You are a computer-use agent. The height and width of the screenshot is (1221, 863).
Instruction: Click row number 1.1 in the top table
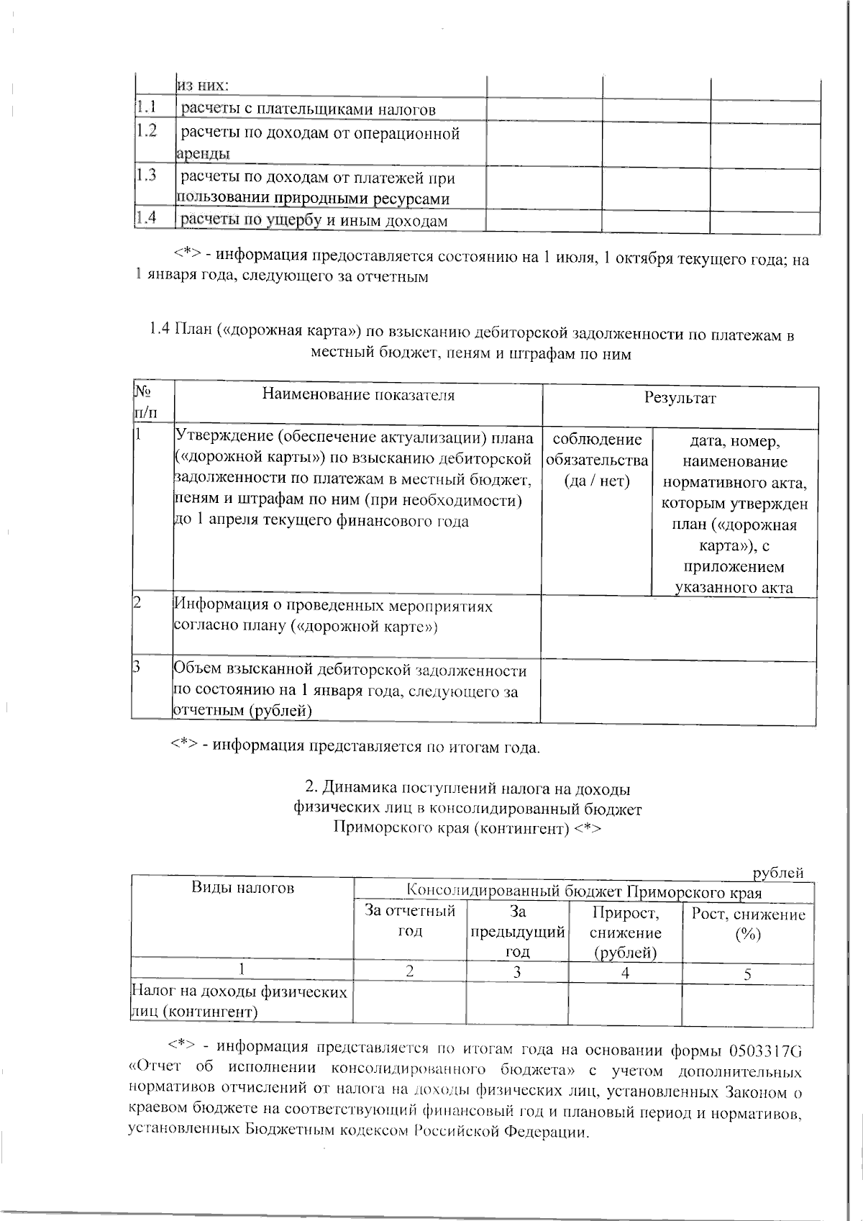147,109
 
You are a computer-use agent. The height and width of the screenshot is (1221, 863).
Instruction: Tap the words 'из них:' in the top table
204,86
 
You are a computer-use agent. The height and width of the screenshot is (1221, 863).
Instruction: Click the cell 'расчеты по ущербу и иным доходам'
314,221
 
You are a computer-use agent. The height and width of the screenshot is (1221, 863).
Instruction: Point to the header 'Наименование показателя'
358,395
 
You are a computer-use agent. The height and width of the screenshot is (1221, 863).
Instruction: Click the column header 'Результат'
680,398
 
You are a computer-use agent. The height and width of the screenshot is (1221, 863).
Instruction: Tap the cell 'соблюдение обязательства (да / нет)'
597,460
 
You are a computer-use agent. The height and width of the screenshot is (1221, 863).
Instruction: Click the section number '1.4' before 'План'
160,332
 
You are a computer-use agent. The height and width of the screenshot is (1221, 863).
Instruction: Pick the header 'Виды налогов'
242,888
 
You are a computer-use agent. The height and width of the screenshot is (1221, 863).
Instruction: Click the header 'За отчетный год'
410,921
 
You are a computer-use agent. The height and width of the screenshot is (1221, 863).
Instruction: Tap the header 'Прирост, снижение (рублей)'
625,932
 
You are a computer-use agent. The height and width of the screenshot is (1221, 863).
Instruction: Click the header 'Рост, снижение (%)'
748,924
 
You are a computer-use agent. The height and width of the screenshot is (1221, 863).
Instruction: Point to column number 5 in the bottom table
748,974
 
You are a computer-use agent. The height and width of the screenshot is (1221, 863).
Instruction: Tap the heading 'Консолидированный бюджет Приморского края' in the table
584,893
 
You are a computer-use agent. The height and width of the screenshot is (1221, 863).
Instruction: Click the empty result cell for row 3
678,691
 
